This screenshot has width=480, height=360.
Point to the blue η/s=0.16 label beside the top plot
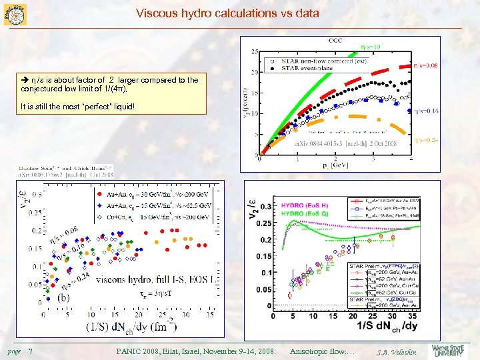point(426,111)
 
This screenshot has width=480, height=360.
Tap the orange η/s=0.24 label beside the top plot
point(426,140)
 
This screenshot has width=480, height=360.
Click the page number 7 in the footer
point(31,351)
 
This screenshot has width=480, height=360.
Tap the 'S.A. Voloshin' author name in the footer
point(395,352)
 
